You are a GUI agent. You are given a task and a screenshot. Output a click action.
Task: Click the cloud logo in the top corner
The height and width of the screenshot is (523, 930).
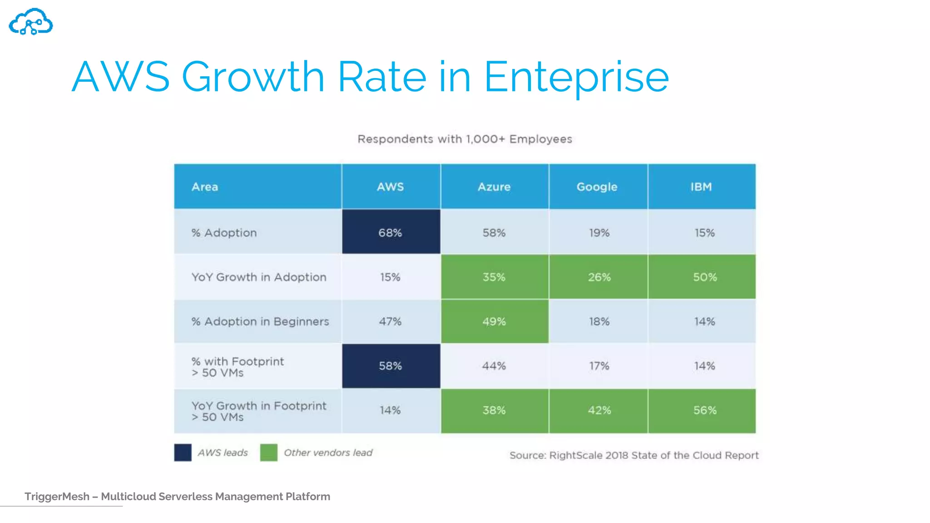coord(31,22)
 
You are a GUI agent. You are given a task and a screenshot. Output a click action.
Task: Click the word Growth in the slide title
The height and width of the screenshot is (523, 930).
coord(253,77)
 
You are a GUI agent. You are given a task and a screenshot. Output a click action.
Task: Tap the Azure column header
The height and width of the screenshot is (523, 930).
coord(494,187)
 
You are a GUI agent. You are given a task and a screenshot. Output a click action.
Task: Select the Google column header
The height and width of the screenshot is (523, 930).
coord(597,187)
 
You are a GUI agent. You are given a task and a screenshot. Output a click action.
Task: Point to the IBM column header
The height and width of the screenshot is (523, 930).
coord(701,187)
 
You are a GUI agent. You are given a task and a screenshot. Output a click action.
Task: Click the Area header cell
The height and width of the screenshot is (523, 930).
coord(205,187)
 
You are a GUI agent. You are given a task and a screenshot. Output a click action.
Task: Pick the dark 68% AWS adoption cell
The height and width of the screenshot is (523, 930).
coord(391,232)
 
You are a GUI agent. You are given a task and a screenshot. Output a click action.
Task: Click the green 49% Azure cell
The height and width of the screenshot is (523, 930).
coord(494,321)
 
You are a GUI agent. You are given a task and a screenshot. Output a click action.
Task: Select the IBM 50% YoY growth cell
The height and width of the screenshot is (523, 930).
coord(704,277)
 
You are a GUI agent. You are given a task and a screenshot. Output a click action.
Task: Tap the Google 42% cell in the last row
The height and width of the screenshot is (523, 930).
coord(599,410)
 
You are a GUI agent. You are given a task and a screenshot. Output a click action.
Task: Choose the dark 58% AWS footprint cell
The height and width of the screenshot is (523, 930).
coord(391,366)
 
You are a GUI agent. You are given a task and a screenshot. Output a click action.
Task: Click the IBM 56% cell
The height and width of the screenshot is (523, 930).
coord(704,410)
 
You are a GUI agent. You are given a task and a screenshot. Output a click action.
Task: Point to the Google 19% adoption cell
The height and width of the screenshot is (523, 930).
coord(599,232)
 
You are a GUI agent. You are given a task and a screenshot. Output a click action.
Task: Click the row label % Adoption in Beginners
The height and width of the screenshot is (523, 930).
coord(260,321)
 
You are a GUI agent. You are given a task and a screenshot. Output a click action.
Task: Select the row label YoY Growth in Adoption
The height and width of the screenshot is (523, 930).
coord(259,277)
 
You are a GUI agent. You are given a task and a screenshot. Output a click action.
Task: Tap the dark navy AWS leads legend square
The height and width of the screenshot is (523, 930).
coord(183,453)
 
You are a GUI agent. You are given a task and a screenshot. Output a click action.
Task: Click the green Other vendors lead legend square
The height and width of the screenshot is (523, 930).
coord(268,453)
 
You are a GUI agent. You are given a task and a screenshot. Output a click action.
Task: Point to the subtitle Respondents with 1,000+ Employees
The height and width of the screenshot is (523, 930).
coord(465,139)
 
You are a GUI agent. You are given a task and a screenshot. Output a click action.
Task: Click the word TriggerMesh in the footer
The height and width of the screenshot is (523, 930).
coord(57,497)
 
